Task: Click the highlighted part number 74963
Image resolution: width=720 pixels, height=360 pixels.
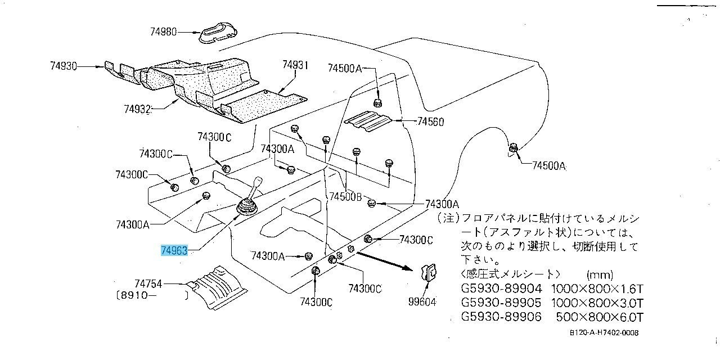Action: (174, 251)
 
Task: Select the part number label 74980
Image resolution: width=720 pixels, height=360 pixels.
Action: (164, 32)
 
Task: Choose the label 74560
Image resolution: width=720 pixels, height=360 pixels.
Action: (430, 121)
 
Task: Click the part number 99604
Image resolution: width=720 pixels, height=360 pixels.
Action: (422, 302)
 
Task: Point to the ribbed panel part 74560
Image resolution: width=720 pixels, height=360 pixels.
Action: (368, 121)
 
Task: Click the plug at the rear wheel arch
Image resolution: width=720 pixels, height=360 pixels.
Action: (513, 148)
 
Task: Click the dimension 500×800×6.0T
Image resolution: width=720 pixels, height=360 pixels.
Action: (600, 317)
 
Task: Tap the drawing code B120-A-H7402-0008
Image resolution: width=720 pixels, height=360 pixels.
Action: (604, 332)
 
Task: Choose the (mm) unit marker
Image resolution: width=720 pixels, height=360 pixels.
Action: (598, 275)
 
